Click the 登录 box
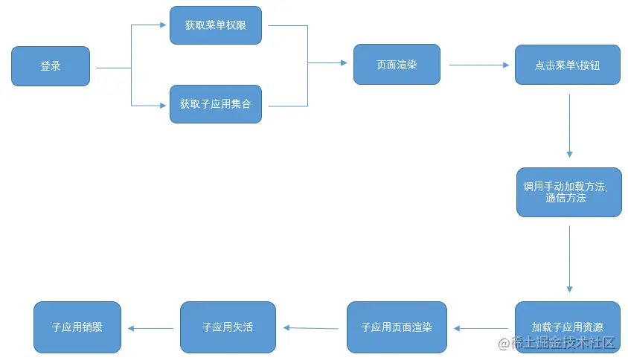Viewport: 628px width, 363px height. (x=51, y=66)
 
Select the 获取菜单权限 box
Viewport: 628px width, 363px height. (x=216, y=25)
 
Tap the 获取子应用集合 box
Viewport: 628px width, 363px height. (x=216, y=104)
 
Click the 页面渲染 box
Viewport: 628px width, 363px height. (x=397, y=64)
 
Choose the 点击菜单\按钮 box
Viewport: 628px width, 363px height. (x=568, y=65)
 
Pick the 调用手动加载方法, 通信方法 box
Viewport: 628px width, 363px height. (x=569, y=192)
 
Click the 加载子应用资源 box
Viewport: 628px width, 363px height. (x=568, y=327)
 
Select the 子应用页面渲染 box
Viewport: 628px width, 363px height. (x=397, y=327)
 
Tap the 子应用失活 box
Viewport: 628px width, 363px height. (x=228, y=327)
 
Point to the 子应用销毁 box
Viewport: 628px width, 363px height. (x=77, y=327)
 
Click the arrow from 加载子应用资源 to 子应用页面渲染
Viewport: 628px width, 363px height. (x=481, y=328)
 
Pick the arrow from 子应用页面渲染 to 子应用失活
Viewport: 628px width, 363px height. (x=310, y=327)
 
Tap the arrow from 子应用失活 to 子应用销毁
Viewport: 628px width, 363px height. (x=152, y=328)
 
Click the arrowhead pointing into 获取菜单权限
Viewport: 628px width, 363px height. (x=163, y=25)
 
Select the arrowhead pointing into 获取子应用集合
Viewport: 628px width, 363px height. (x=163, y=106)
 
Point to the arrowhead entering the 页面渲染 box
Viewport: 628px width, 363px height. (x=343, y=63)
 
